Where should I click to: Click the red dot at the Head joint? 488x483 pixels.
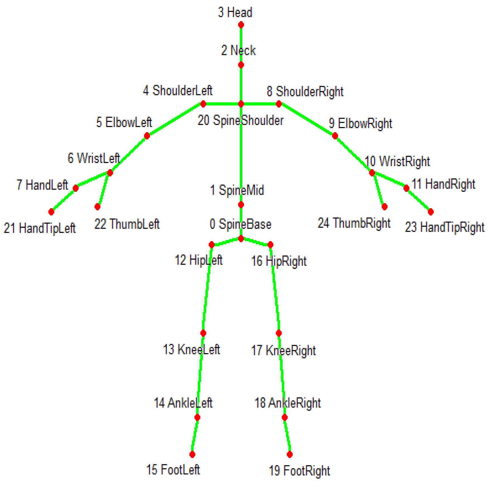coord(241,25)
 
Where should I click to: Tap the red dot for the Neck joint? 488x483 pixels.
coord(241,65)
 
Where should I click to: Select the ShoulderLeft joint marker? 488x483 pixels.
coord(203,104)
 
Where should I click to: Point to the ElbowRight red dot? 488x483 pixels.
coord(335,136)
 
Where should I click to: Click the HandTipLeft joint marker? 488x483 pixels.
coord(51,212)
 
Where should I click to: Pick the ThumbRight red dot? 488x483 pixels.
coord(385,207)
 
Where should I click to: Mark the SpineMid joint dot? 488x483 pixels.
coord(241,205)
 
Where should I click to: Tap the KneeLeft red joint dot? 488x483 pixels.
coord(203,333)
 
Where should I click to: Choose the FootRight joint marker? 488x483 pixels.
coord(290,455)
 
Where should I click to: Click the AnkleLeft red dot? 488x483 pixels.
coord(197,417)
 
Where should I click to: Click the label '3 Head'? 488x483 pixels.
coord(235,13)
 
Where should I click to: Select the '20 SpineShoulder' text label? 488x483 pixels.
coord(240,121)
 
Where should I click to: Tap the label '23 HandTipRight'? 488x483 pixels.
coord(444,227)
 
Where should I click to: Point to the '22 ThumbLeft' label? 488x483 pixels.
coord(127,224)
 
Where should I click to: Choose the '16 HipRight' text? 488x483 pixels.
coord(279,261)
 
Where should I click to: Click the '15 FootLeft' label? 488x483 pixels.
coord(173,470)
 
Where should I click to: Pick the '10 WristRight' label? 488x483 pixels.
coord(397,161)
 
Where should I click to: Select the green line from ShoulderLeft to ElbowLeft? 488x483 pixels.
coord(175,120)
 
